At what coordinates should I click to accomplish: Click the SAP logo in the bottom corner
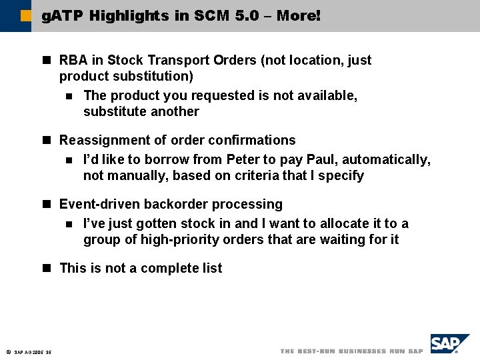[x=449, y=344]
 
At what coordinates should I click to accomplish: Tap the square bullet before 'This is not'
[x=47, y=269]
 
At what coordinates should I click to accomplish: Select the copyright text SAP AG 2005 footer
[x=33, y=353]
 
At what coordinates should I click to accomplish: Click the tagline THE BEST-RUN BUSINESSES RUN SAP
[x=351, y=351]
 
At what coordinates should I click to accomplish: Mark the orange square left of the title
[x=25, y=15]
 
